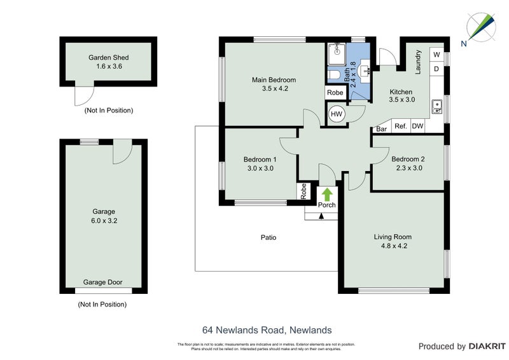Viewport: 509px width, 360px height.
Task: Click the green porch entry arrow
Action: [327, 193]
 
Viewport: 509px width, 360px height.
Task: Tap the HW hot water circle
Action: [337, 114]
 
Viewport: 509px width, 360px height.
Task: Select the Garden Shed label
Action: [108, 57]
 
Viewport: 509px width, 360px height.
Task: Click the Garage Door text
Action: [102, 282]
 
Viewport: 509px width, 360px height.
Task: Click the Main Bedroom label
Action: [274, 80]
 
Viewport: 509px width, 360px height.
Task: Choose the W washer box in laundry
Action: [436, 55]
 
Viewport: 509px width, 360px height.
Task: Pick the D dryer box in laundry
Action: [436, 69]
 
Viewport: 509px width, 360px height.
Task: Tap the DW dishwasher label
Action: [417, 127]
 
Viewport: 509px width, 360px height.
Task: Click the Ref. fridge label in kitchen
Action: [401, 127]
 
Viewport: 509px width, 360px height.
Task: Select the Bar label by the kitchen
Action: [382, 129]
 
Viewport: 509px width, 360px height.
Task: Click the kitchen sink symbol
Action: [436, 106]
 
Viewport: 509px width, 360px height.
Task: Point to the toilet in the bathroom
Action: [335, 76]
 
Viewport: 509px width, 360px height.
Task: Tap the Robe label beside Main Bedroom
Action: [335, 93]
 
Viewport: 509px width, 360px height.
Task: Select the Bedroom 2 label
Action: [408, 159]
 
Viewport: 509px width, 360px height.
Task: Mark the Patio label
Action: [268, 237]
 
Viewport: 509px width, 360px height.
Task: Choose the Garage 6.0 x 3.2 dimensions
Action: [102, 221]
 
